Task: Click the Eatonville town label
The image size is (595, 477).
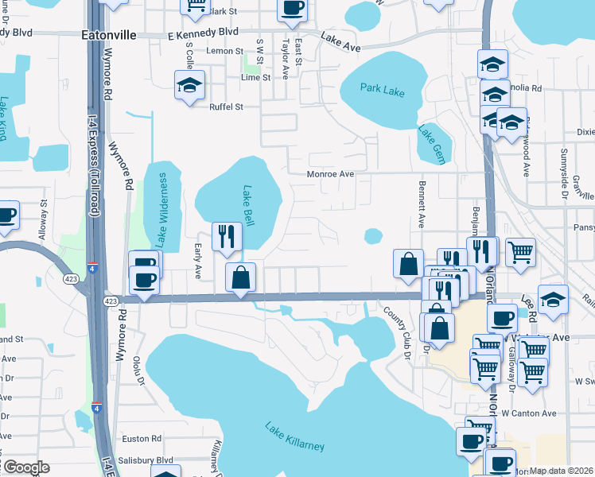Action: tap(109, 36)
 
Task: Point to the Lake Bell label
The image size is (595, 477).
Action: tap(248, 206)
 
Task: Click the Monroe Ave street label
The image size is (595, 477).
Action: tap(331, 173)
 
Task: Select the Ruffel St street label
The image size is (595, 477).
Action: tap(225, 107)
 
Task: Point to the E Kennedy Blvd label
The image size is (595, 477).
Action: tap(203, 32)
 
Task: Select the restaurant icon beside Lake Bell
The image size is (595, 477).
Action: tap(227, 236)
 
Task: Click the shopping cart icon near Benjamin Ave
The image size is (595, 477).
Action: tap(519, 251)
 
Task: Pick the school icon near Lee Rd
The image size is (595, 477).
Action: tap(553, 300)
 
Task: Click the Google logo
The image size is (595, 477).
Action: tap(25, 467)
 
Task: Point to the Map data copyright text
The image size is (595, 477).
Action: tap(562, 471)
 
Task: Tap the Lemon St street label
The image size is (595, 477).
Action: tap(224, 51)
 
